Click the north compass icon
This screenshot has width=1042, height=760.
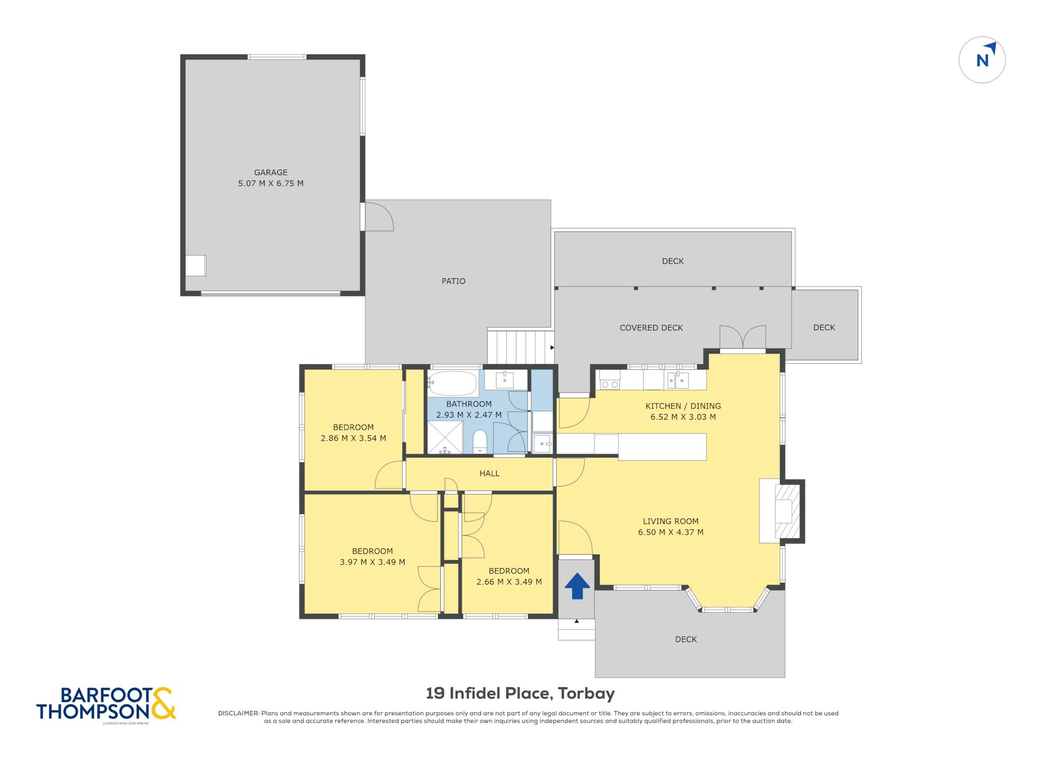pos(982,60)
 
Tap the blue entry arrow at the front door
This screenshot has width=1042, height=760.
pos(577,586)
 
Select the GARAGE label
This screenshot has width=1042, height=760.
pos(271,172)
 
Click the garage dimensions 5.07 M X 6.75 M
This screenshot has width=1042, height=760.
pos(271,184)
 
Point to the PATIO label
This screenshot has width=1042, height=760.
pos(453,281)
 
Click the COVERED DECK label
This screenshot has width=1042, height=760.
pos(651,328)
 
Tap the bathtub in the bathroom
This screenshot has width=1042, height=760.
pos(452,383)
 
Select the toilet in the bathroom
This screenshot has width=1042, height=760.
pos(480,441)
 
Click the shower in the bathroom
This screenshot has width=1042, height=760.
pos(445,437)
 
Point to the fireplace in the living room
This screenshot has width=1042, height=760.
pos(787,511)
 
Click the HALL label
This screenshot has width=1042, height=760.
pos(489,474)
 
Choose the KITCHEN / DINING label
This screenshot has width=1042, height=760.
pos(683,406)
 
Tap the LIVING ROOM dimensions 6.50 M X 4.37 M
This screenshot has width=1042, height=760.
pos(671,533)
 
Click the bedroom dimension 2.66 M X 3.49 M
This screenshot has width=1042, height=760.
pos(509,582)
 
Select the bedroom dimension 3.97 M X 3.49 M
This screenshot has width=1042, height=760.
pos(372,562)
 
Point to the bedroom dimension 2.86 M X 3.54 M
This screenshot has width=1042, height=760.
pos(353,438)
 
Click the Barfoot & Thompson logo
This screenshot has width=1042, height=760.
pos(106,705)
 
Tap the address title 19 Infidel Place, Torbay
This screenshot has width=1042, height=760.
pos(520,693)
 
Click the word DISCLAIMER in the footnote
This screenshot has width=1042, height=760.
pos(239,713)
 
